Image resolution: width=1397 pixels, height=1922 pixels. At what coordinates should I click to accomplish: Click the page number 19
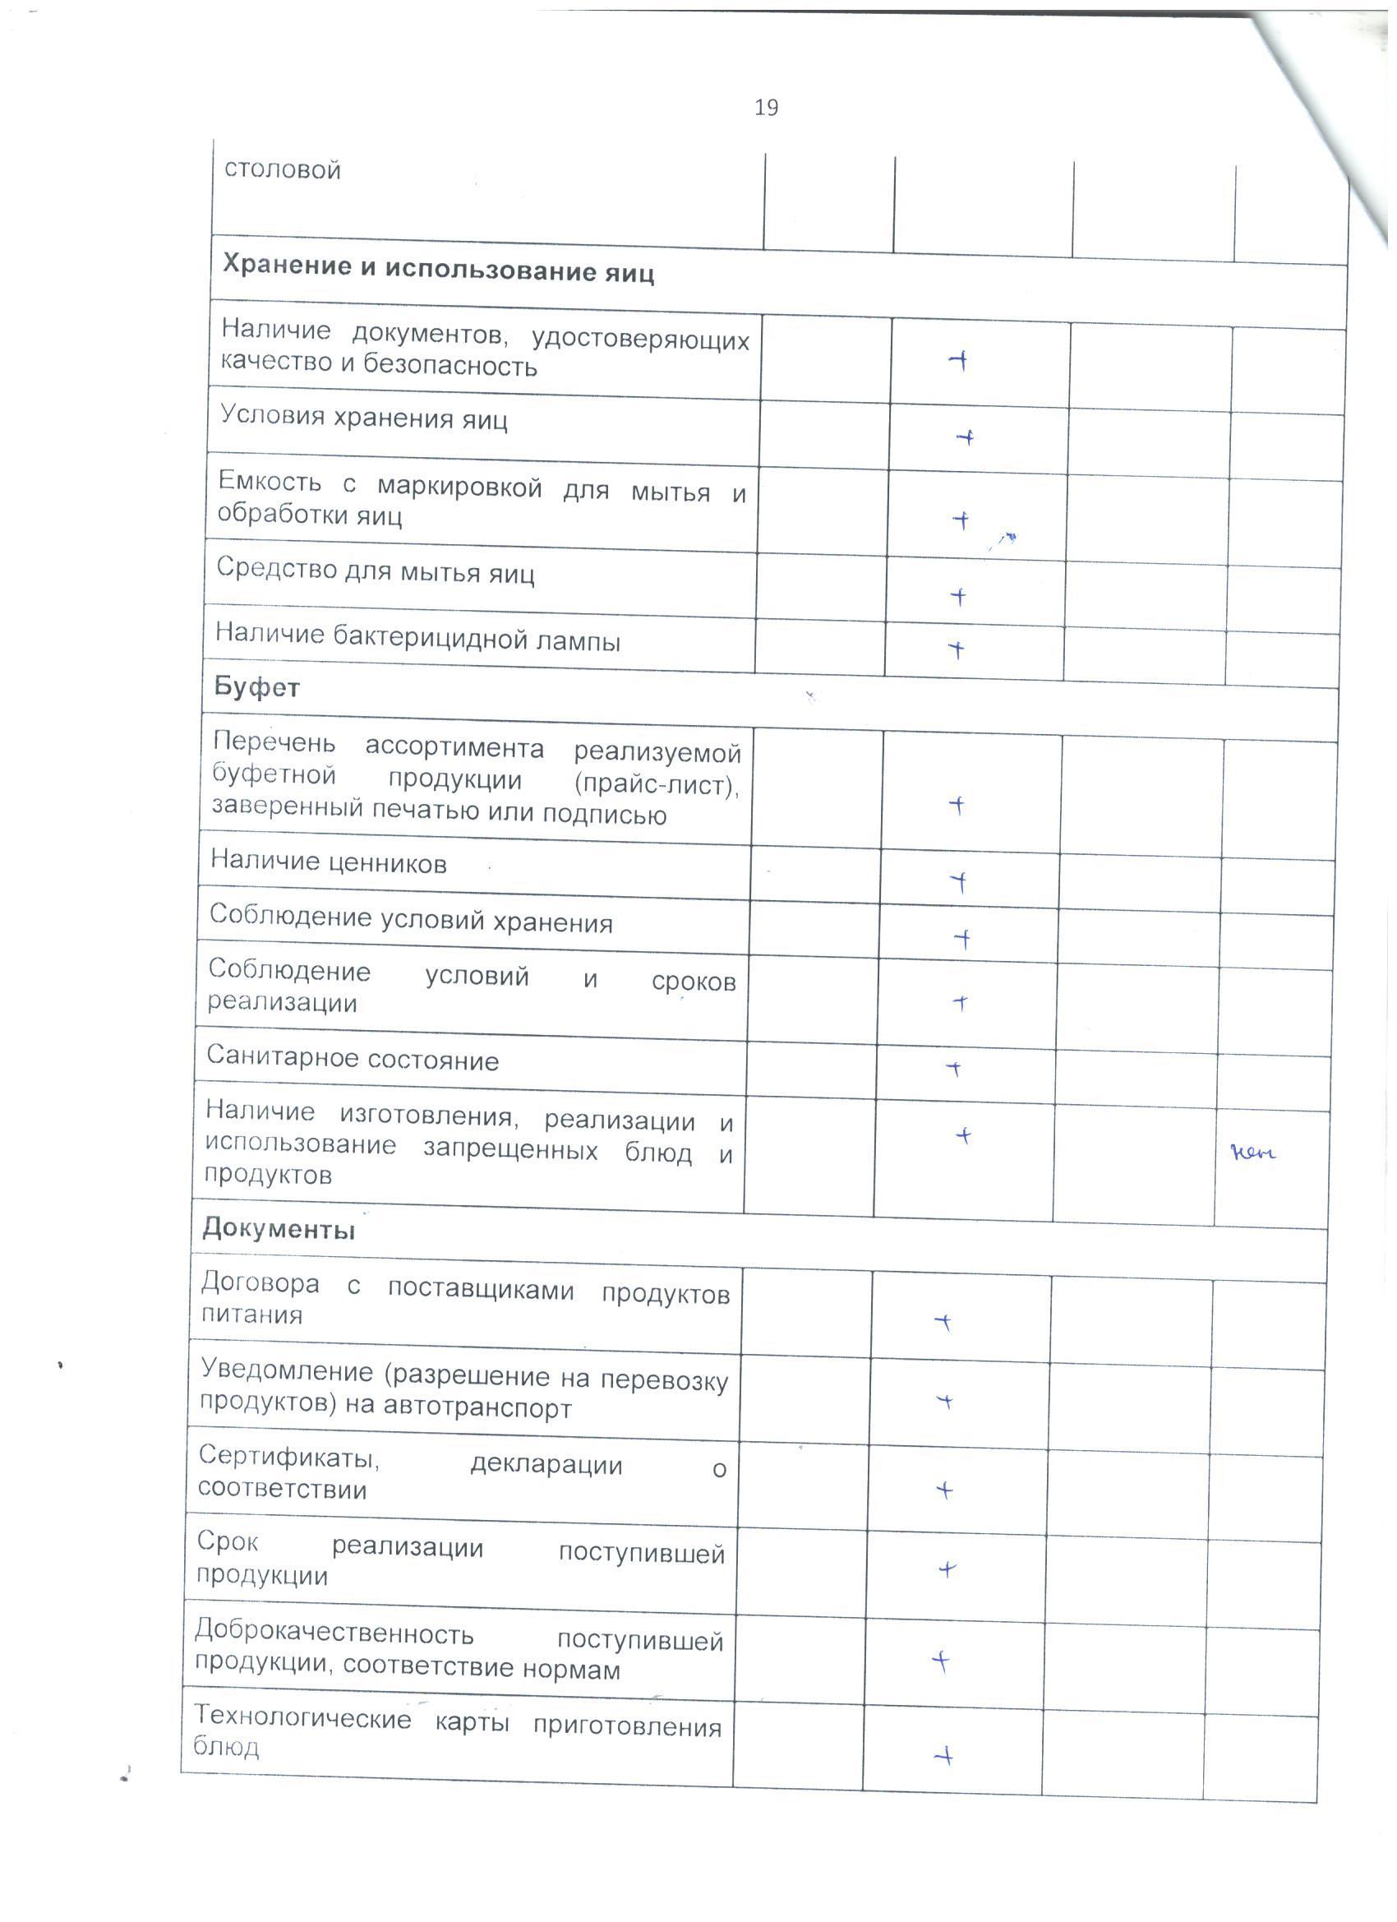click(x=766, y=108)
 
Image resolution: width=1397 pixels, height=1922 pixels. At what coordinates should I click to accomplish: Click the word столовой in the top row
click(x=282, y=169)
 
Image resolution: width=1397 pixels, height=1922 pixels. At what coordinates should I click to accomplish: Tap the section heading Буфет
click(x=256, y=686)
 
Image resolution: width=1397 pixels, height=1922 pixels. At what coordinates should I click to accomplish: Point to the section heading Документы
click(x=279, y=1229)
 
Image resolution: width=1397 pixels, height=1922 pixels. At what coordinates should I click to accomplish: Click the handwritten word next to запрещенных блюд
click(x=1253, y=1153)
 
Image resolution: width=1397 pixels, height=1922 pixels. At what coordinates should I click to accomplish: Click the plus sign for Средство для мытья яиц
click(x=958, y=597)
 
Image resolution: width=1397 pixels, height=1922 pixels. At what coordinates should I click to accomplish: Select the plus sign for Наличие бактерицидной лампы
click(x=956, y=650)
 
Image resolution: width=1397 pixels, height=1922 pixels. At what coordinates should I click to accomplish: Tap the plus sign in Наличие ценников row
click(x=958, y=882)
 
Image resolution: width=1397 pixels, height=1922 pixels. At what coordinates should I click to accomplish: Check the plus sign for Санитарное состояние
click(x=954, y=1069)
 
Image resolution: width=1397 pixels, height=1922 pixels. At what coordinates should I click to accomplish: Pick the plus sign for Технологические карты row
click(x=943, y=1757)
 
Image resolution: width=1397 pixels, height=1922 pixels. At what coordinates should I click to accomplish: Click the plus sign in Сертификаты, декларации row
click(x=944, y=1489)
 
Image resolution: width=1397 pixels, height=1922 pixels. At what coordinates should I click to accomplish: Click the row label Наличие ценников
click(x=329, y=862)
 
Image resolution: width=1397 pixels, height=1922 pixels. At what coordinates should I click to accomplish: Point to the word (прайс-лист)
click(x=657, y=784)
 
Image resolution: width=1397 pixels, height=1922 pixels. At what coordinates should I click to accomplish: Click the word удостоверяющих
click(x=640, y=340)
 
